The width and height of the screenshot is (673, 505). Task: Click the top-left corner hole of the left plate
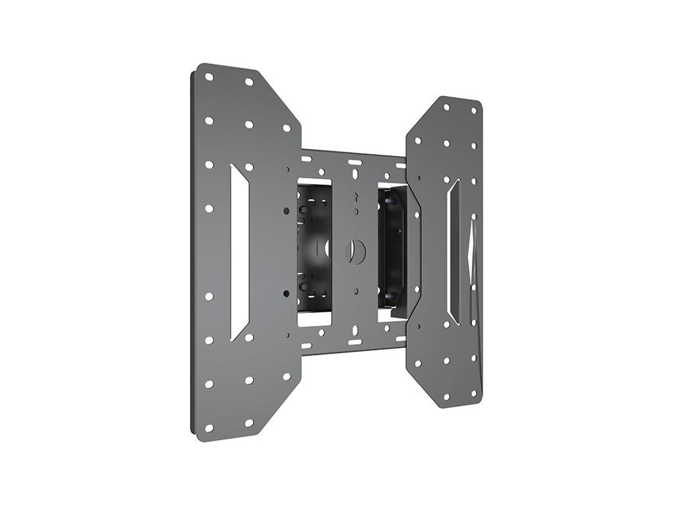pyautogui.click(x=209, y=77)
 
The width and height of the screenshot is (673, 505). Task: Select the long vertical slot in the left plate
pyautogui.click(x=239, y=252)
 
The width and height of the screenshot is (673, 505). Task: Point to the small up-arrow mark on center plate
pyautogui.click(x=355, y=195)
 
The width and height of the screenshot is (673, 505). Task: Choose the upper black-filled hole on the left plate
pyautogui.click(x=287, y=210)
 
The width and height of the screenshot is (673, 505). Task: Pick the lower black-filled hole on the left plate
pyautogui.click(x=287, y=293)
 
